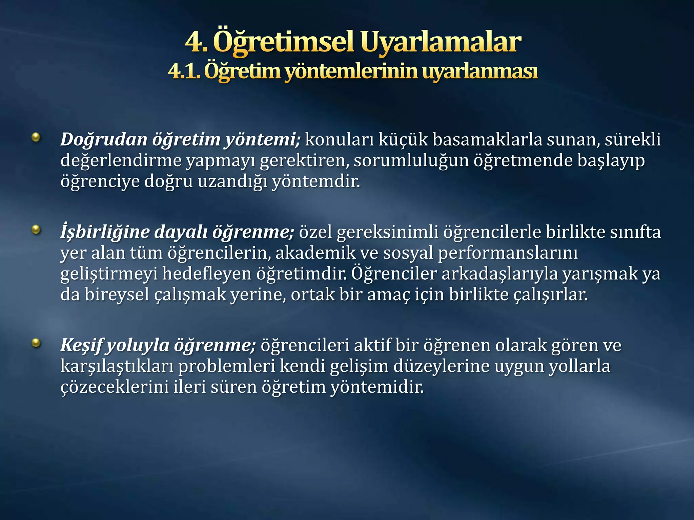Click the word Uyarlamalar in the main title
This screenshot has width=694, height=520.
[x=440, y=42]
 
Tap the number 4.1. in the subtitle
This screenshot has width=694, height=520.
[x=185, y=71]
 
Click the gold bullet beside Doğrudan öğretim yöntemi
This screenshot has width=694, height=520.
[x=36, y=137]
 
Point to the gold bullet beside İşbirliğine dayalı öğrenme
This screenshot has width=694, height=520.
[x=36, y=230]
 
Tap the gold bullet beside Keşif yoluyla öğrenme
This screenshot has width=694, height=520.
[x=36, y=343]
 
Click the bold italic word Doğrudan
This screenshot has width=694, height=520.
[x=104, y=139]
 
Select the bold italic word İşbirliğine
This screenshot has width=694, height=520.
[x=105, y=232]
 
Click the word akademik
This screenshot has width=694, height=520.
[x=315, y=253]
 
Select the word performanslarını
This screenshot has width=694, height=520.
[x=508, y=253]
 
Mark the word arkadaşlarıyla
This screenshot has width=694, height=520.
[x=499, y=274]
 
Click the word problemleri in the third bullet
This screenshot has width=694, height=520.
[x=227, y=366]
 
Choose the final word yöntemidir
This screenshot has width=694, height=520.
[x=377, y=387]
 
